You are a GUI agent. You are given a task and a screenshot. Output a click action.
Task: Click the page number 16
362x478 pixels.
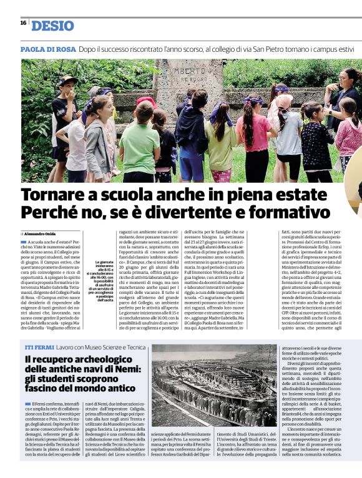(23, 23)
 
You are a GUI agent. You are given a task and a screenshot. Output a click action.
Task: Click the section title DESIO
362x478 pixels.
(52, 26)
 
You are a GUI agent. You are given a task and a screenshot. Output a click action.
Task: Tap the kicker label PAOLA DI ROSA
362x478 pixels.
(48, 49)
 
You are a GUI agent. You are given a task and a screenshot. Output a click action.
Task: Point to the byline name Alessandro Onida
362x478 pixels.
(41, 233)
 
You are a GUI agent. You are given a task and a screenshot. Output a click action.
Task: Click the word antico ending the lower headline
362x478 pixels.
(115, 388)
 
